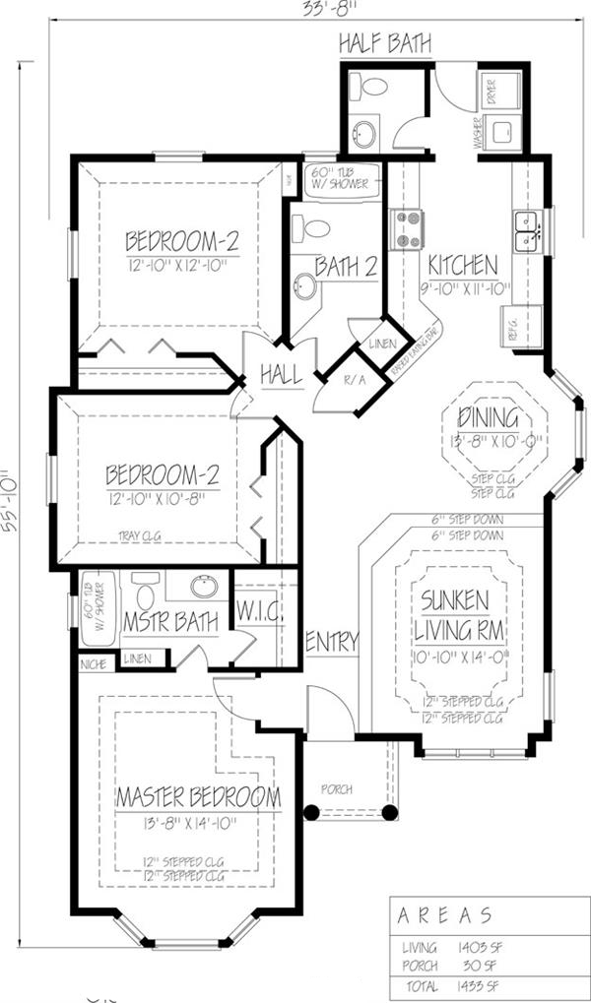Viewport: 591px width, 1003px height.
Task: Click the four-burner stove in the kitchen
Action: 408,229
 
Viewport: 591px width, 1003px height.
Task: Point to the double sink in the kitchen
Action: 529,231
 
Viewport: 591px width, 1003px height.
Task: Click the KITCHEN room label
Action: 462,265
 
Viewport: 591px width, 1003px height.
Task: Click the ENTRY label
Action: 332,642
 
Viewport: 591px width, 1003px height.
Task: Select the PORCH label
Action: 337,789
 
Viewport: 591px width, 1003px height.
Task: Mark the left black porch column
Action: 311,813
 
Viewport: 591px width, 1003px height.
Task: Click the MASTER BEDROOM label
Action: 197,795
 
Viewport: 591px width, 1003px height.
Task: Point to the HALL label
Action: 281,374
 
